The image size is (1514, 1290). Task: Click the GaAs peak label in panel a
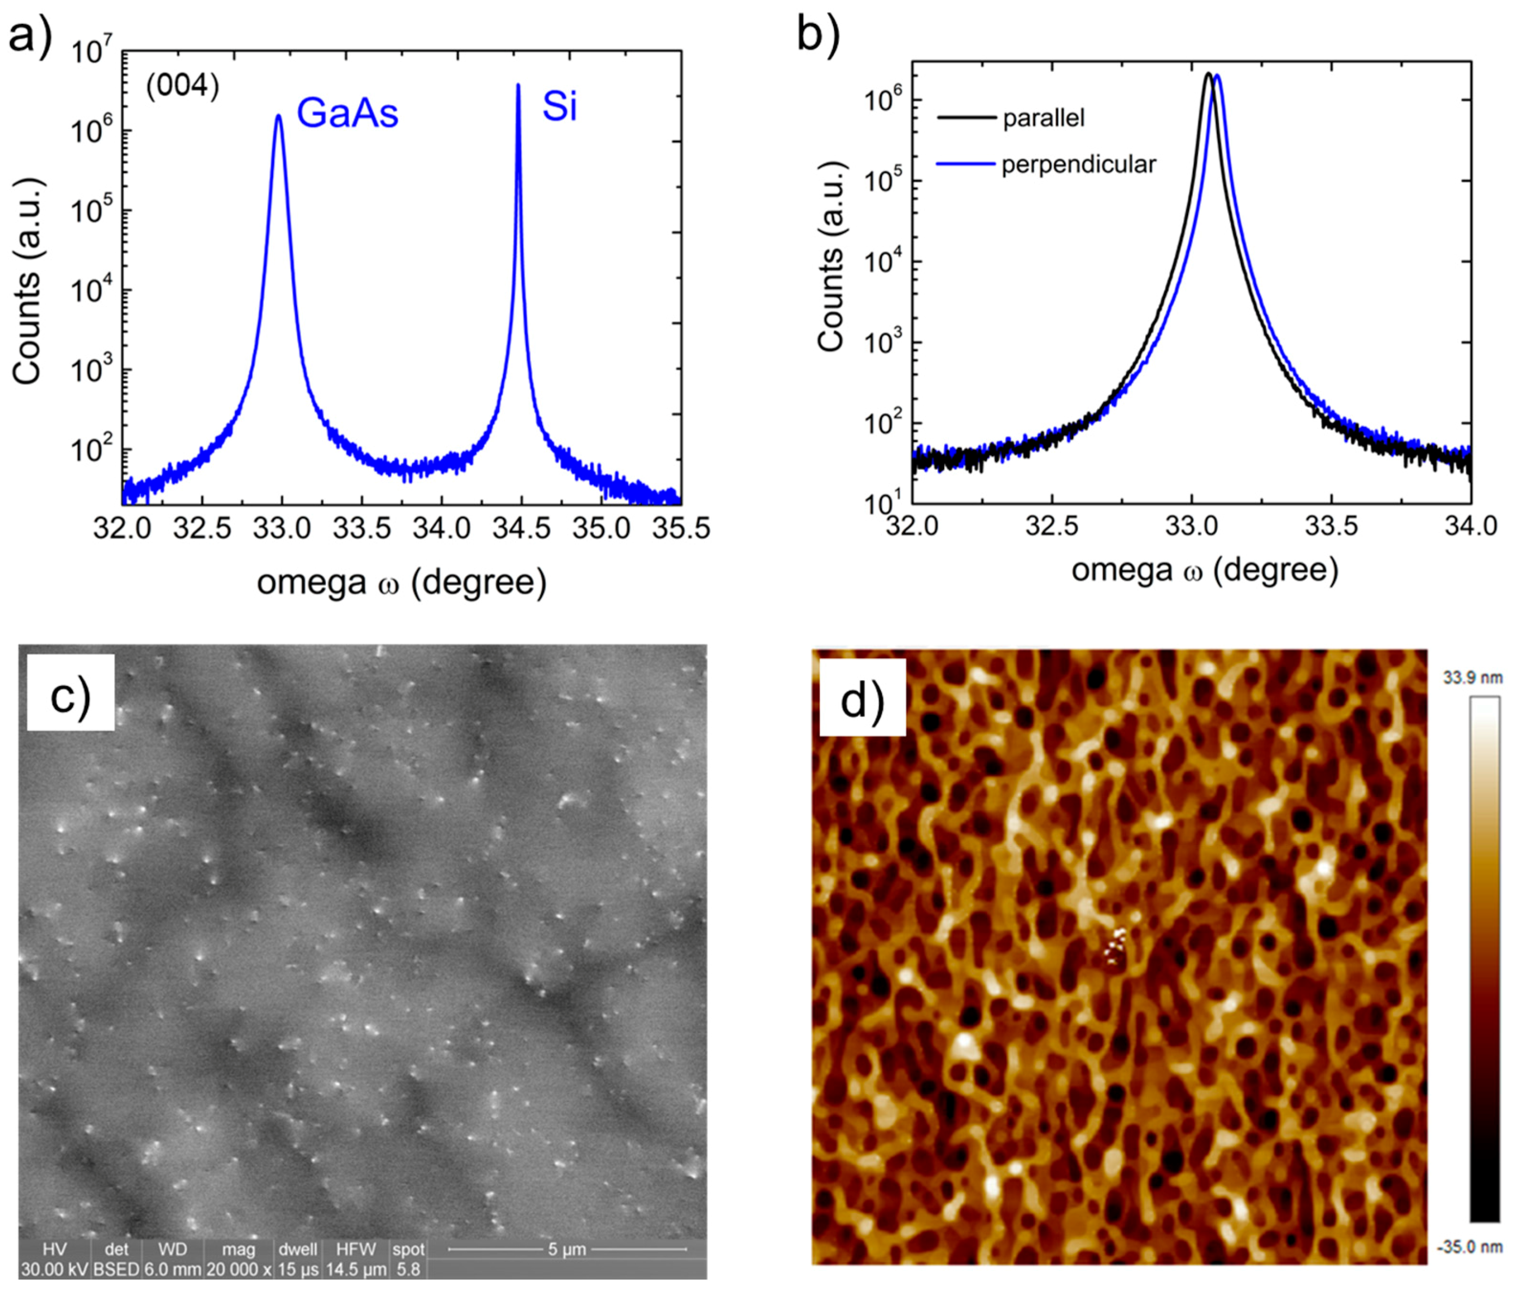347,113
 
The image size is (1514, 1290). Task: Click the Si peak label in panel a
559,107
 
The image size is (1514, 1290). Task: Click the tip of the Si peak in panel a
518,86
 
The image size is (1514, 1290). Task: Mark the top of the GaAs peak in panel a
279,115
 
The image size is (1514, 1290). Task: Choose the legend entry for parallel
1044,118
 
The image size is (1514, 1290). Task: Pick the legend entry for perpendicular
1079,164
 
